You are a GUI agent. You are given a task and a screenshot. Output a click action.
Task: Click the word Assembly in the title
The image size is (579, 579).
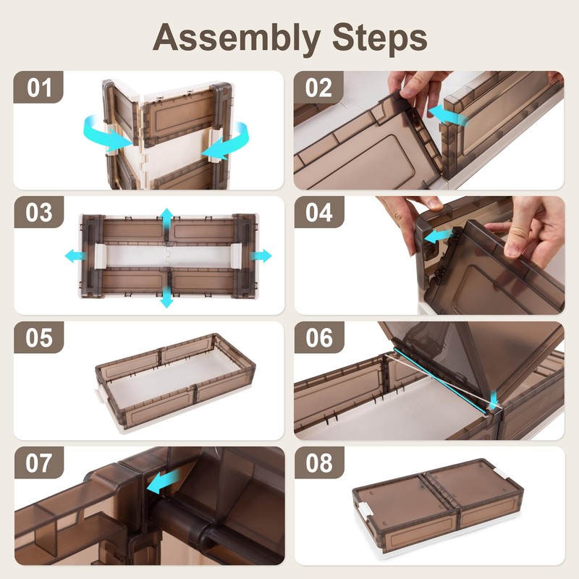237,39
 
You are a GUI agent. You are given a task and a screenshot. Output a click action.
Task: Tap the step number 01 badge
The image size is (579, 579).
38,87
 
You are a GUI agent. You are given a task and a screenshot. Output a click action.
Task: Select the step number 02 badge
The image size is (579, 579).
318,87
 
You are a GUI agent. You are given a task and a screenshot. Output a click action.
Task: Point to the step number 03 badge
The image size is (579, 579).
39,212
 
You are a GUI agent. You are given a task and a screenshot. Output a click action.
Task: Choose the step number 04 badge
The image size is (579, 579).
319,212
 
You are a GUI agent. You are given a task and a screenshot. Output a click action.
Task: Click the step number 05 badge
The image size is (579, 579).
39,337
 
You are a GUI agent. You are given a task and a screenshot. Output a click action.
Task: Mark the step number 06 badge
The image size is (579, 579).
319,337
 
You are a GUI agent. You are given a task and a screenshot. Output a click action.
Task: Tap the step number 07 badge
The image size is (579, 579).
39,462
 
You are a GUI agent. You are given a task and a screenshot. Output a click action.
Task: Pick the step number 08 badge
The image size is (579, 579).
319,462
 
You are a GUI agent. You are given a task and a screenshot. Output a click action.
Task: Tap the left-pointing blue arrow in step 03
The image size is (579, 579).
75,255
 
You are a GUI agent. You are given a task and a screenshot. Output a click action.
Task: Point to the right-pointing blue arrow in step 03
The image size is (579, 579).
261,255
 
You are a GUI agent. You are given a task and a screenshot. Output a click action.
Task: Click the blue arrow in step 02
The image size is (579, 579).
447,114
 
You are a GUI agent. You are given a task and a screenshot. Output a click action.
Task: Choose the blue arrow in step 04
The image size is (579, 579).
439,236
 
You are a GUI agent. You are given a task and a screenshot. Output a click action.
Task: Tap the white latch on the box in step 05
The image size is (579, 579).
99,396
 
